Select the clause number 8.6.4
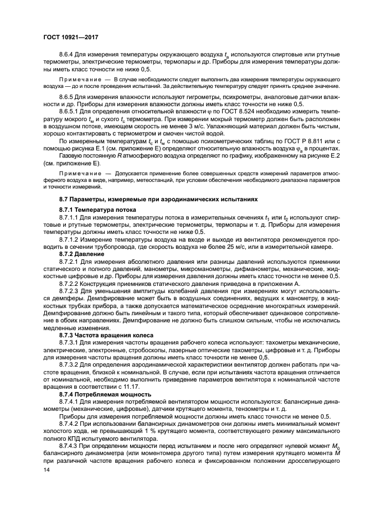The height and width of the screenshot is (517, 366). tap(67, 55)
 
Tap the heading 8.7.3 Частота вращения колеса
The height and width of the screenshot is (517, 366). tap(102, 336)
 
